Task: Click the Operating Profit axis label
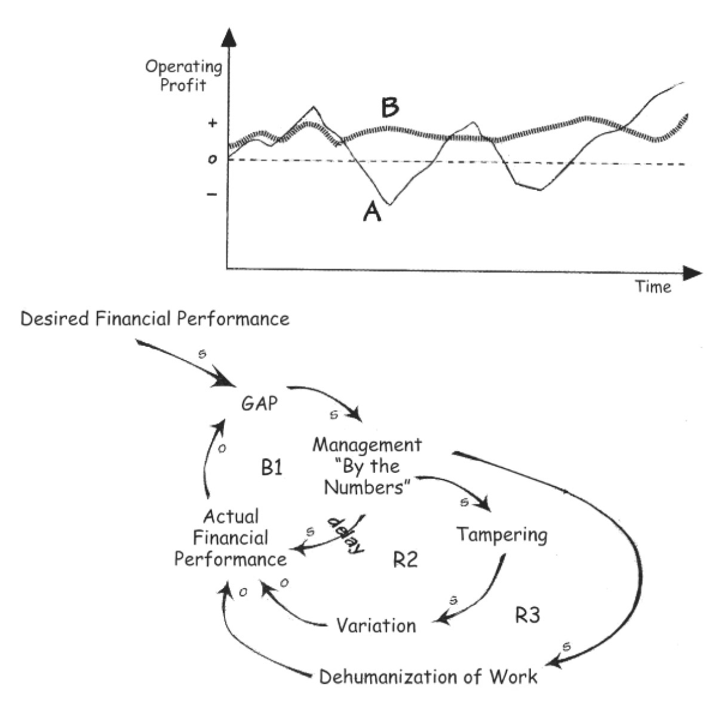pyautogui.click(x=183, y=76)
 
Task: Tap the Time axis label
pyautogui.click(x=653, y=287)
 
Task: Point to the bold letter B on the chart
pyautogui.click(x=390, y=109)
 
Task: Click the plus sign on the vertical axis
pyautogui.click(x=213, y=124)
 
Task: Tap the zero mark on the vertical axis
pyautogui.click(x=212, y=159)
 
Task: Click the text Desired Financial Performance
pyautogui.click(x=155, y=319)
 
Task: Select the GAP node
pyautogui.click(x=259, y=404)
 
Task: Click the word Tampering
pyautogui.click(x=502, y=534)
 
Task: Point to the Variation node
pyautogui.click(x=376, y=626)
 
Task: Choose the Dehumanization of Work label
pyautogui.click(x=428, y=677)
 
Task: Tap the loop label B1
pyautogui.click(x=272, y=467)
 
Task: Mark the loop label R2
pyautogui.click(x=405, y=560)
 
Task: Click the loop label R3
pyautogui.click(x=527, y=615)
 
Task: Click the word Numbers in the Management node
pyautogui.click(x=365, y=488)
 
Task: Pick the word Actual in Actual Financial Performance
pyautogui.click(x=231, y=516)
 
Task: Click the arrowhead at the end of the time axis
pyautogui.click(x=693, y=273)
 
